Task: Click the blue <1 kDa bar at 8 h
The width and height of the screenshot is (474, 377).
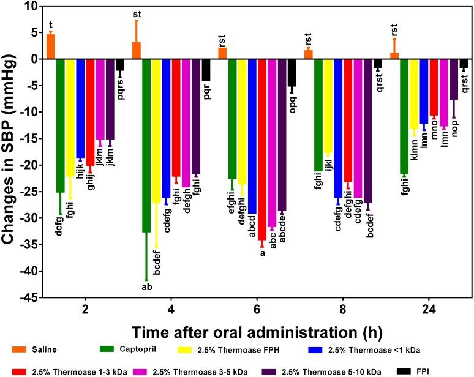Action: [x=338, y=128]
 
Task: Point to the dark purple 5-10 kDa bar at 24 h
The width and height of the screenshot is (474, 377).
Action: [x=454, y=79]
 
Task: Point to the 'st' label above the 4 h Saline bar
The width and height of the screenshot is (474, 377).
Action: [x=137, y=14]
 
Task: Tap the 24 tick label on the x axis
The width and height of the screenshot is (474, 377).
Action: [x=429, y=311]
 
